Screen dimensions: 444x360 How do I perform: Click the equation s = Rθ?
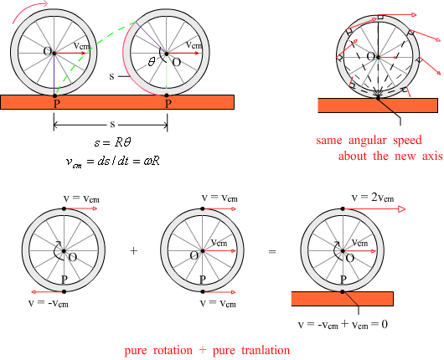[113, 142]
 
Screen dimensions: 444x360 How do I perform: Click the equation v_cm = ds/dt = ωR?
[113, 162]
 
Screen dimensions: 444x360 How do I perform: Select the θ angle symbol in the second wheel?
[152, 61]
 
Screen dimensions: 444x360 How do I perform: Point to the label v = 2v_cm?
[373, 198]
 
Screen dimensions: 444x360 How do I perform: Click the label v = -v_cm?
[49, 303]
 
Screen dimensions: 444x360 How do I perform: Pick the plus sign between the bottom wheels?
[134, 251]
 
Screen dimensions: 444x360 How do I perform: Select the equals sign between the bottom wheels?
[271, 251]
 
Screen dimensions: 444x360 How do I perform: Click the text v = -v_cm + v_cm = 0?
[343, 324]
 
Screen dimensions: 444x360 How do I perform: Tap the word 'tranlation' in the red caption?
[266, 350]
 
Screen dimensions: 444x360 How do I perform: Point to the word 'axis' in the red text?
[432, 156]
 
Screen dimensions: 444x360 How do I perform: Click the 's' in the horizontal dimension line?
[112, 124]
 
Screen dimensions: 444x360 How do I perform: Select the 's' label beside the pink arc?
[112, 76]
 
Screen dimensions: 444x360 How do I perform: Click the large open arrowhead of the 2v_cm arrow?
[402, 209]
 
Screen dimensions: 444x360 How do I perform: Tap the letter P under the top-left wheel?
[57, 104]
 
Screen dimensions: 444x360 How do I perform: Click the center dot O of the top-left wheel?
[54, 53]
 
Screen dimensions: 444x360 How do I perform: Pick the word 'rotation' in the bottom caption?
[173, 351]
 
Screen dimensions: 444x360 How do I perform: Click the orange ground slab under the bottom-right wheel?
[343, 299]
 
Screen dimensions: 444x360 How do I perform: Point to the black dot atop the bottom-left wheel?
[64, 208]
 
